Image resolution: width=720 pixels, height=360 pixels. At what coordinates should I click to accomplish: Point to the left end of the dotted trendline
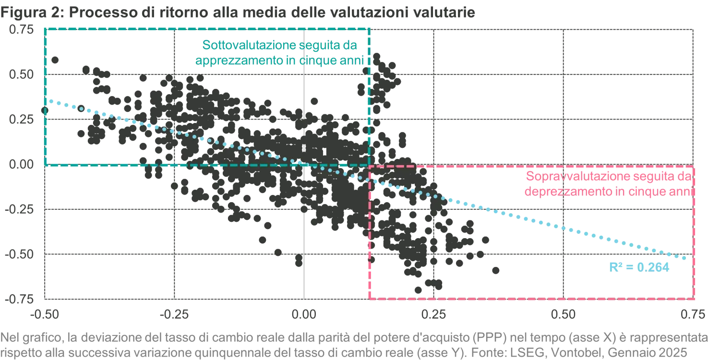coord(50,101)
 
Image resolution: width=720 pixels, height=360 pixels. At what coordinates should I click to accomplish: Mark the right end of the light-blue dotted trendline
coord(685,259)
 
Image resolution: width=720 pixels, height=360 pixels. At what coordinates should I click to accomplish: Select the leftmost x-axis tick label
coord(45,315)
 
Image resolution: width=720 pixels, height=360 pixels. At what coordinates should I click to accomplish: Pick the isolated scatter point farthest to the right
coord(497,271)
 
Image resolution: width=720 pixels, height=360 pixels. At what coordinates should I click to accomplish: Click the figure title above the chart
coord(238,13)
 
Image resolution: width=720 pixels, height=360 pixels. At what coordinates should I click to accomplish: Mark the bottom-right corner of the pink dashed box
coord(695,299)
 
